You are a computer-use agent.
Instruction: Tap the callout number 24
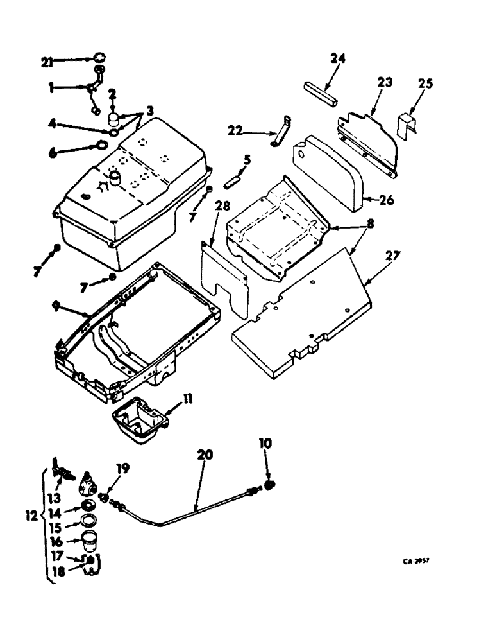tap(338, 58)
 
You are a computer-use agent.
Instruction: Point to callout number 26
tap(385, 200)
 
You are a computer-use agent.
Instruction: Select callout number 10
tap(265, 443)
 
